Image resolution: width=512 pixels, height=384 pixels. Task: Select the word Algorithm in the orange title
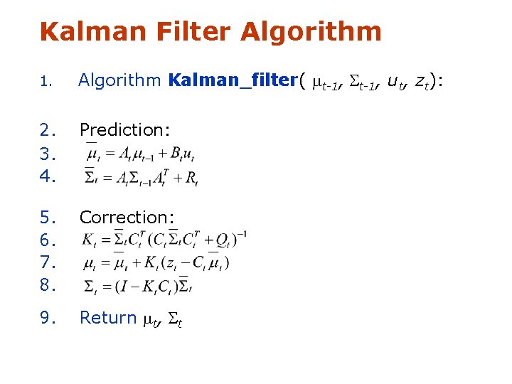coord(311,32)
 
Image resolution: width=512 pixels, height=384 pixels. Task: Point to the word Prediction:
coord(124,129)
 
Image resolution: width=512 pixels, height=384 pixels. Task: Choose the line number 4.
coord(48,175)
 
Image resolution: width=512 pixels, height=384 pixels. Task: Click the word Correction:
coord(127,217)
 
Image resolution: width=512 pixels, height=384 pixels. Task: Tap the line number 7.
coord(48,263)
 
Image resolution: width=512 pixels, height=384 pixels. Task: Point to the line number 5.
coord(48,217)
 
